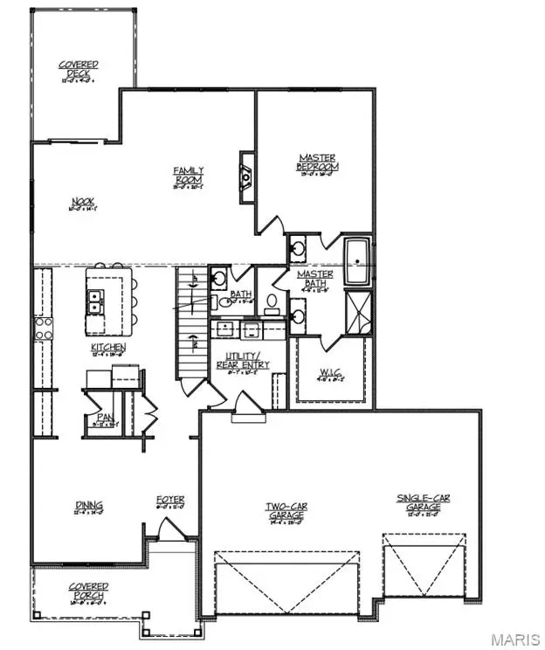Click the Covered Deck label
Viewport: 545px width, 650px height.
[x=79, y=69]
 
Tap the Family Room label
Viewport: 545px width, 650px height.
[x=188, y=175]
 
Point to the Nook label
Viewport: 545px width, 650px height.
[x=83, y=206]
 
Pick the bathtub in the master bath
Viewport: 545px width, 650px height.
[x=359, y=261]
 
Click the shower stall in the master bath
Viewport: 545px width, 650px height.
[x=359, y=309]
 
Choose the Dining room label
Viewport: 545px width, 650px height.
[x=88, y=505]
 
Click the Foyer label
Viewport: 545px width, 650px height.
[x=170, y=501]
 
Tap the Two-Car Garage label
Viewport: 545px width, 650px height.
[x=286, y=512]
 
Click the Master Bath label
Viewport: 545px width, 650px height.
[x=314, y=278]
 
